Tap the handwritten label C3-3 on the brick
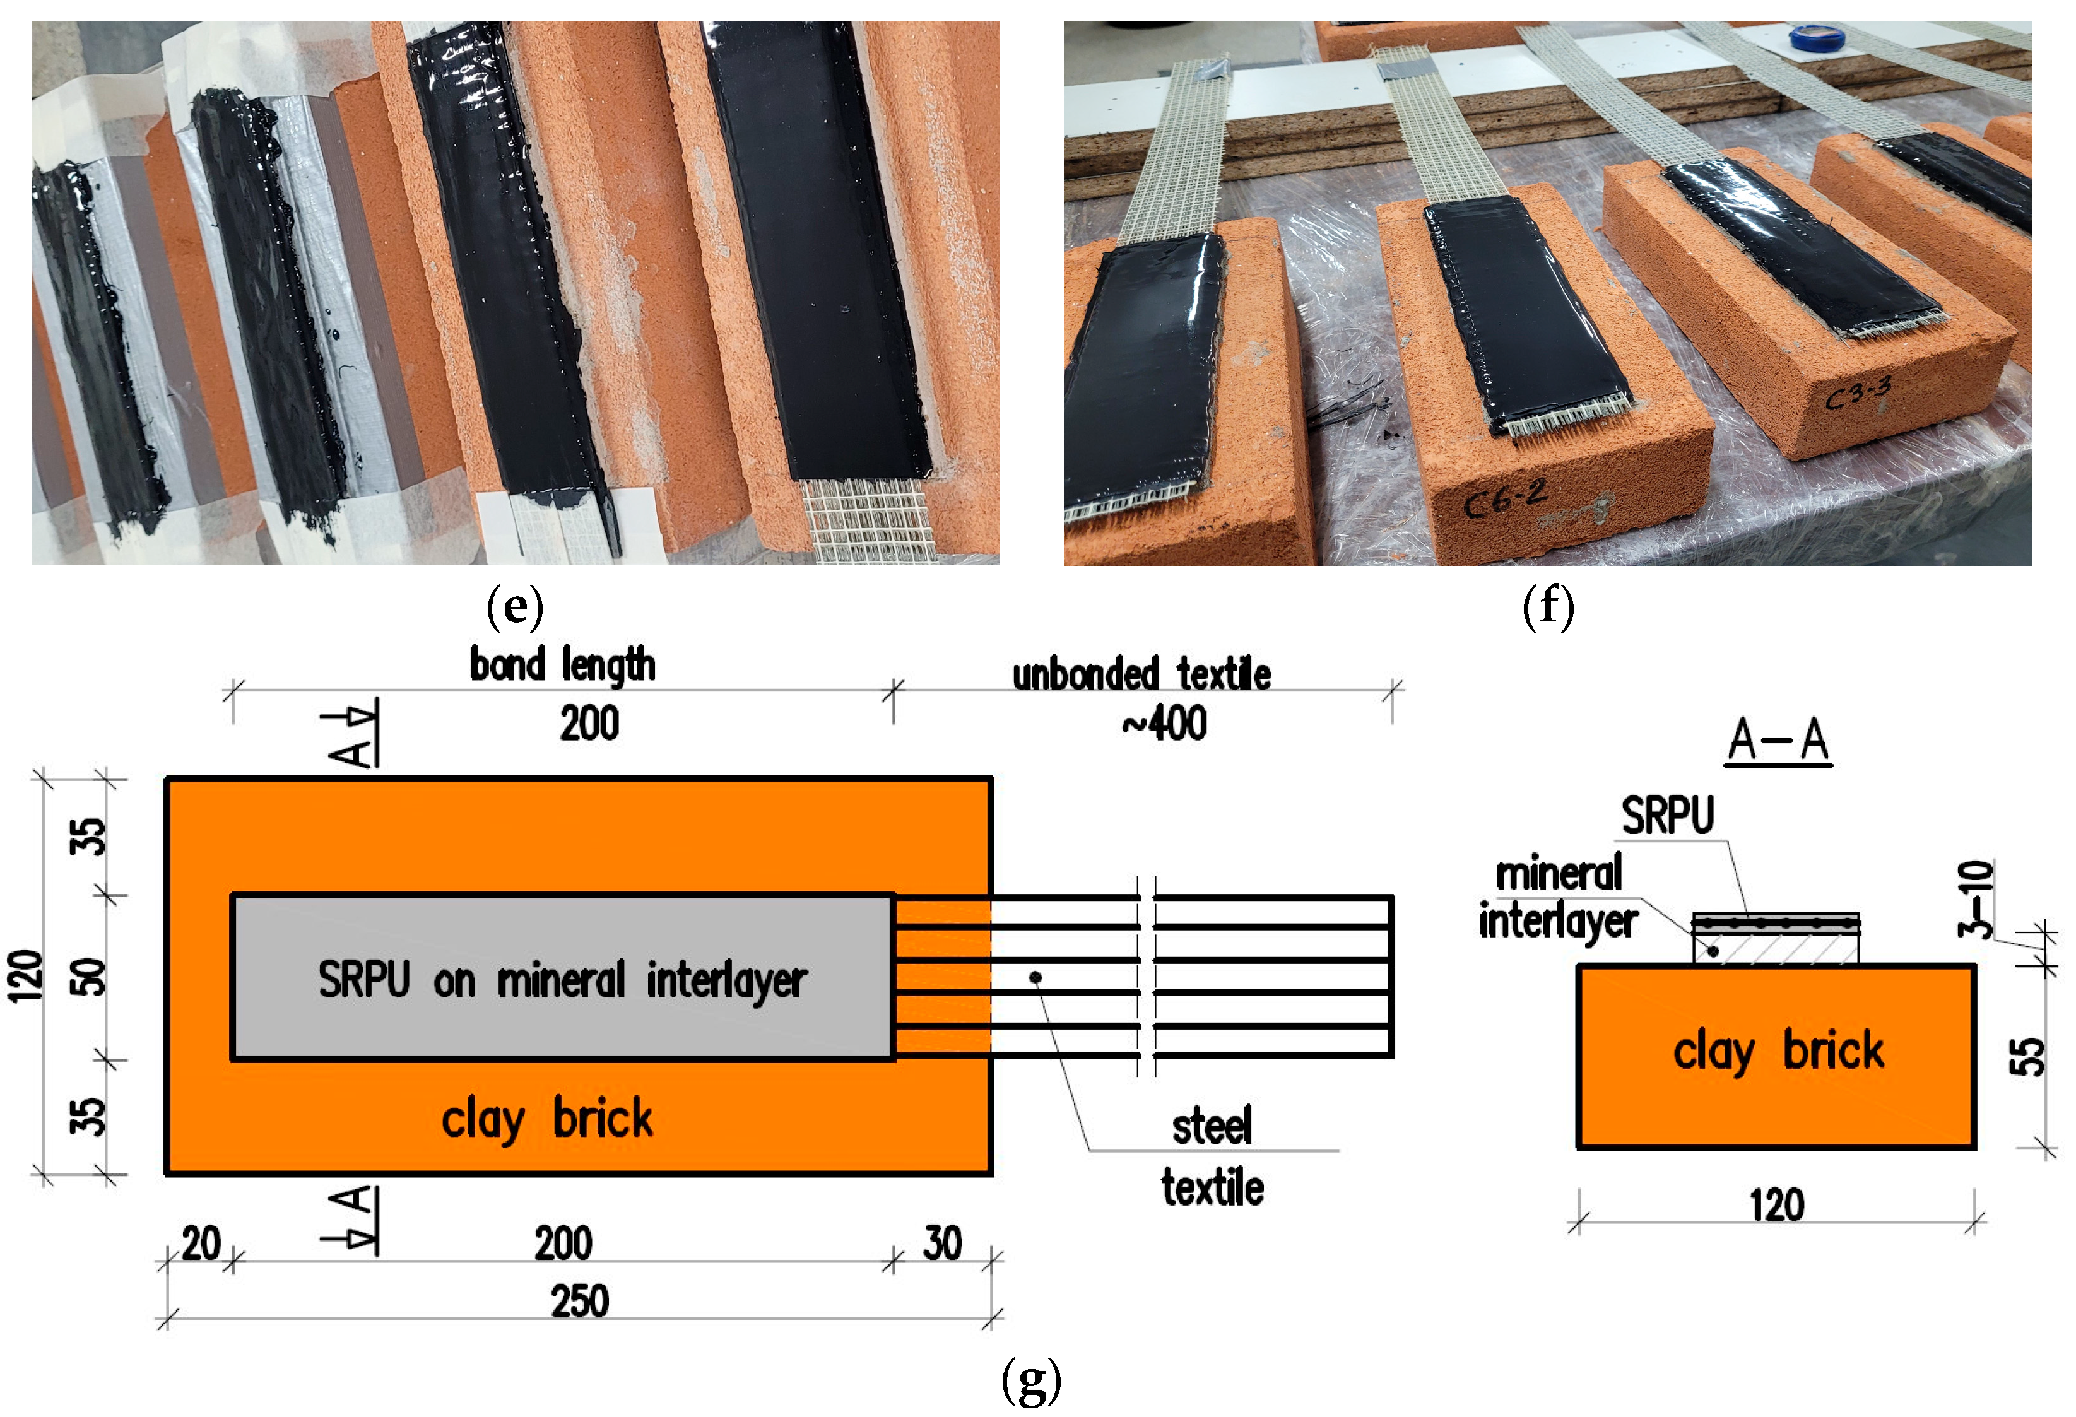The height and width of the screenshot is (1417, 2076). click(1858, 393)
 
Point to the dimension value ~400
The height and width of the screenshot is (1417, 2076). click(1165, 723)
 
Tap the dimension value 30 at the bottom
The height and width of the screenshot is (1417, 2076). click(943, 1243)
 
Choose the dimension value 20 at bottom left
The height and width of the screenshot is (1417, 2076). click(201, 1243)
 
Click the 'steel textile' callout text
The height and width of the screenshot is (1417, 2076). click(1212, 1156)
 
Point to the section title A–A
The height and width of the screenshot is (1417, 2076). click(1778, 741)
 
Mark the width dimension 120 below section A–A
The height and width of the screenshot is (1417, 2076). click(1777, 1206)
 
